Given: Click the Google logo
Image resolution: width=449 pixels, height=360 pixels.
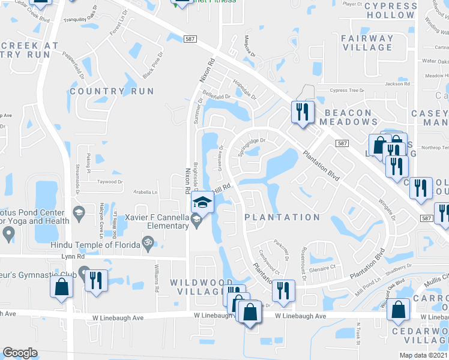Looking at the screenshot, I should tap(20, 353).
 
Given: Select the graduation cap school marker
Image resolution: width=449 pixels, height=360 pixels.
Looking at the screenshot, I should tap(203, 203).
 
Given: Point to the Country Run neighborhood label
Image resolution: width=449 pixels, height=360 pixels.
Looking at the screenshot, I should tap(112, 91).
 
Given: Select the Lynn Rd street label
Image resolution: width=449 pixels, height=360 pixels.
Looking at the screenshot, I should tap(72, 256).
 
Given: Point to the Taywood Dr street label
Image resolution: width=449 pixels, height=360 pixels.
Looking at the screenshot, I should tap(109, 181).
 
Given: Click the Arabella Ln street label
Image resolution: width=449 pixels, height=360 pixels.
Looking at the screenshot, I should tap(145, 193).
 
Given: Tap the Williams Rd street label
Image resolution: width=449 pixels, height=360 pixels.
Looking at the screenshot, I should tap(157, 280).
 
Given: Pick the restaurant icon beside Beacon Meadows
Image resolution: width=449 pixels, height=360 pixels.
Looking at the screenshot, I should tap(301, 111).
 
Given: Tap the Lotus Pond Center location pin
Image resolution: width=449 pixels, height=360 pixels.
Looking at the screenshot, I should tap(8, 233).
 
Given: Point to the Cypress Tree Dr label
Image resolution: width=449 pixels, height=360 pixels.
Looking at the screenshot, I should tap(348, 91).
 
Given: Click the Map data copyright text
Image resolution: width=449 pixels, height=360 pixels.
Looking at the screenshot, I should tap(424, 355).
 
